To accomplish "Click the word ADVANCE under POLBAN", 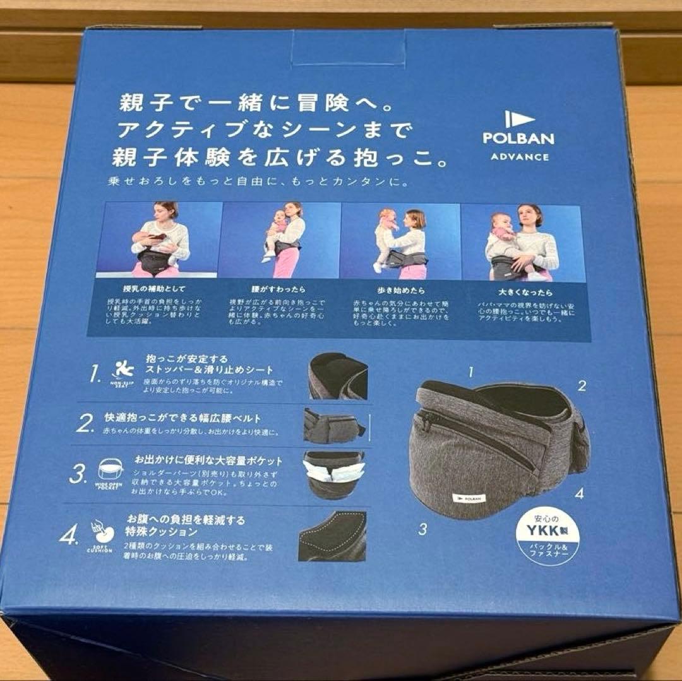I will click(x=520, y=157).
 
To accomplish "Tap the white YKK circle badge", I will click(x=547, y=536).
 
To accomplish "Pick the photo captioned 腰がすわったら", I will click(x=281, y=240).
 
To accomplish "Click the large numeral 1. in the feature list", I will click(x=95, y=376).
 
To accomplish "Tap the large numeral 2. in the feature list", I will click(x=85, y=423).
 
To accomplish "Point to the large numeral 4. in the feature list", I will click(x=69, y=536).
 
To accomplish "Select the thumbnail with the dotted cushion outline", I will click(x=333, y=535).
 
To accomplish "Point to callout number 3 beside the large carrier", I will click(x=422, y=530).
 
